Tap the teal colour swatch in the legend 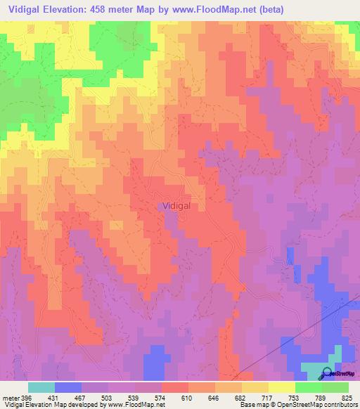[x=41, y=387]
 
